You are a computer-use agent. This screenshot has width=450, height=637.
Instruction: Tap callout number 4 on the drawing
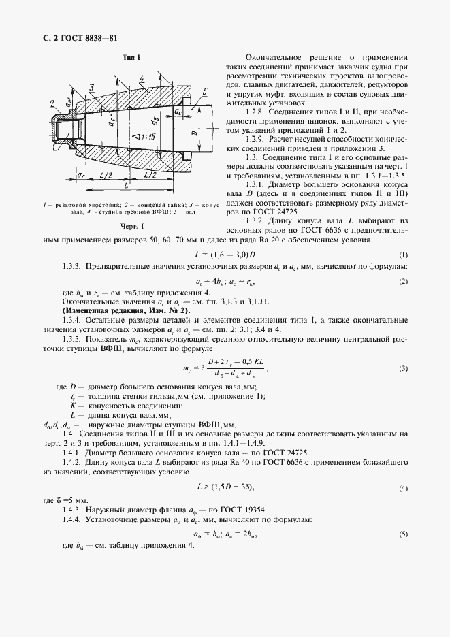[x=140, y=80]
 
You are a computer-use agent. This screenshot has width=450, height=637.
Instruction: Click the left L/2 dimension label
[x=105, y=175]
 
